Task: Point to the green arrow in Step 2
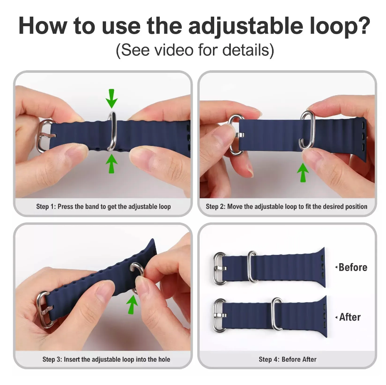[303, 173]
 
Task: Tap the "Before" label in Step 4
[352, 267]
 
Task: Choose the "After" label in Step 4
[349, 317]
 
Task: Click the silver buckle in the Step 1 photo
[45, 136]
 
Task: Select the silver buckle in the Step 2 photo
[236, 135]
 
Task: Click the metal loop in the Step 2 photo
[307, 130]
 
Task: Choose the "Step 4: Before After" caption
[287, 359]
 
